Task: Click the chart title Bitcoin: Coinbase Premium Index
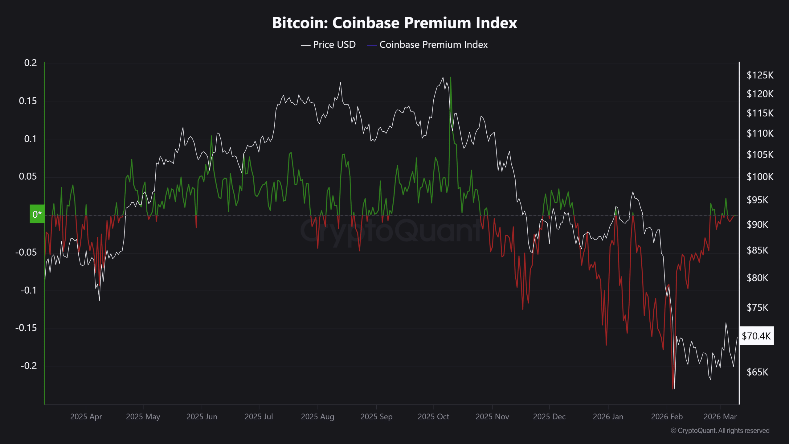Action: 394,23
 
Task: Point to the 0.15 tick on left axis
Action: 28,101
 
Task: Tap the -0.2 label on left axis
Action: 28,366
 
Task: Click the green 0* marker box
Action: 37,214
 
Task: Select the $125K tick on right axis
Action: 760,75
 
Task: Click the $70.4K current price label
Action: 756,336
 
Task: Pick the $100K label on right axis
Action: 760,177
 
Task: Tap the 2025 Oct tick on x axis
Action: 433,417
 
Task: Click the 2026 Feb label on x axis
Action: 667,417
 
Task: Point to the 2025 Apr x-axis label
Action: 86,417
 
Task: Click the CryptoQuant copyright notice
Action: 720,430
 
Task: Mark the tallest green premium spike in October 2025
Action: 451,78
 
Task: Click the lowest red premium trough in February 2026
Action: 672,388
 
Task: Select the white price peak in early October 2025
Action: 443,78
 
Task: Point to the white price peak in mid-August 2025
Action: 340,83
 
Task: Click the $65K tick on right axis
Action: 757,372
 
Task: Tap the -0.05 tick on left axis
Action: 26,252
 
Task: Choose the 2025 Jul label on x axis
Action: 259,417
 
